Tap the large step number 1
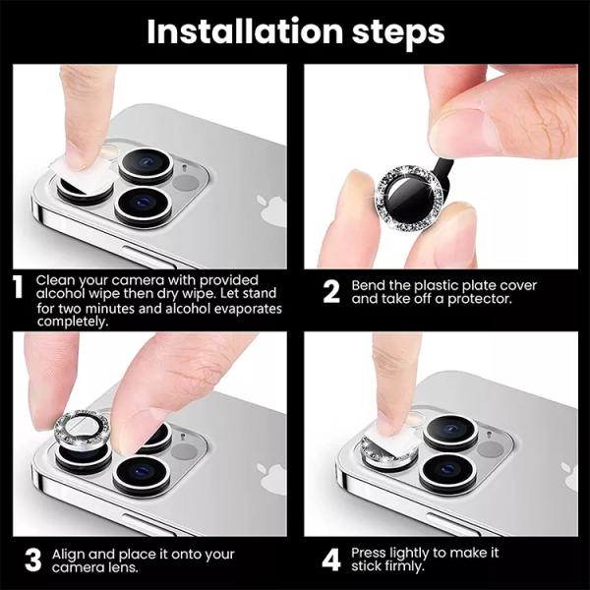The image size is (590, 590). (17, 288)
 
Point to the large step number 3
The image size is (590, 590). (32, 560)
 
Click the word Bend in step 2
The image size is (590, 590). (369, 285)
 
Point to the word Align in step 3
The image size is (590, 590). (68, 553)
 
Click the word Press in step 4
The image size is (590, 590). (370, 553)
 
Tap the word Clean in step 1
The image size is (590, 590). (55, 280)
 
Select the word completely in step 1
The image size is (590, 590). (71, 322)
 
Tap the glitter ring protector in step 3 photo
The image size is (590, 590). (84, 430)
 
